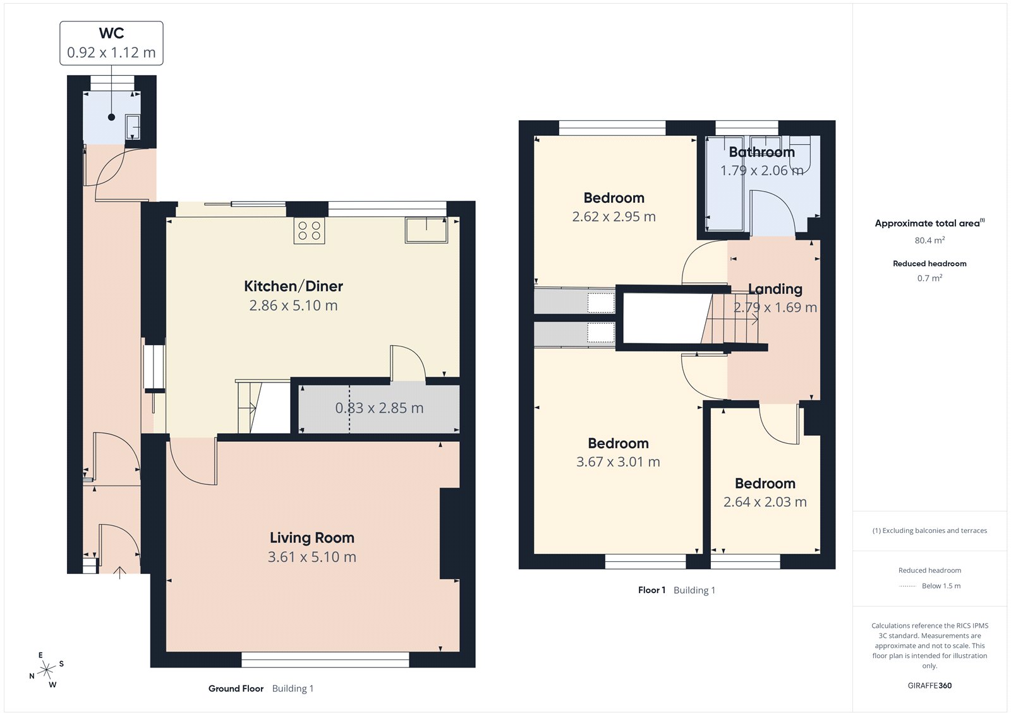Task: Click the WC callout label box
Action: [x=111, y=43]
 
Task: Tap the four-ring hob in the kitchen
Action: [x=309, y=231]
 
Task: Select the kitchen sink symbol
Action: [x=426, y=229]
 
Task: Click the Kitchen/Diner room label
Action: [x=293, y=286]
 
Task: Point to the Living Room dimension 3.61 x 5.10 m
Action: [x=312, y=557]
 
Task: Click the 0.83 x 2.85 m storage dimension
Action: [x=379, y=408]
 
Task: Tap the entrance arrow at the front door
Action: [x=119, y=572]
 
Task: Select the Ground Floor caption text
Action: [x=236, y=688]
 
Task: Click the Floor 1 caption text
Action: [x=651, y=590]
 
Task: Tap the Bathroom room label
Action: [x=761, y=152]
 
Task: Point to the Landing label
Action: [x=775, y=289]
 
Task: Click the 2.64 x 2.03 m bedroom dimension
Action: [x=765, y=502]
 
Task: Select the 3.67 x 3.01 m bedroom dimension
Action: [x=618, y=462]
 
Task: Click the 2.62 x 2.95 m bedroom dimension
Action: [x=614, y=217]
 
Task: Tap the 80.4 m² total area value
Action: [x=929, y=240]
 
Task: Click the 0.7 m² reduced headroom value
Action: [x=929, y=278]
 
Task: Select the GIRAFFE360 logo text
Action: [x=929, y=685]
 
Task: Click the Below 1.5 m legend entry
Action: [x=940, y=586]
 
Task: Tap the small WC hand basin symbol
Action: [x=133, y=126]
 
